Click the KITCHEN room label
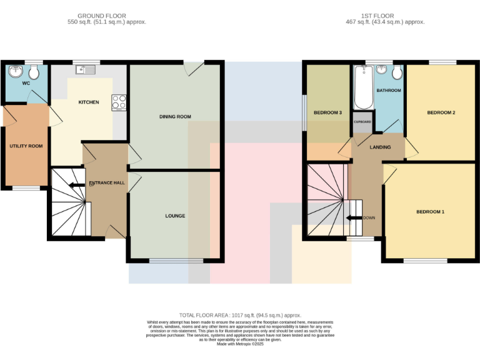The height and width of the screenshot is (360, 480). [x=88, y=102]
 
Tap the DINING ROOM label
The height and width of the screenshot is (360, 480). [x=175, y=117]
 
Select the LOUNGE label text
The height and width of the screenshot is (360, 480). [x=175, y=216]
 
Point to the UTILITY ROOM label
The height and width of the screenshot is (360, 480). [x=26, y=146]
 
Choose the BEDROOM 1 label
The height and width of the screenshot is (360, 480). [x=430, y=212]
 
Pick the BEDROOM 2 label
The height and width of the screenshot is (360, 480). [x=441, y=113]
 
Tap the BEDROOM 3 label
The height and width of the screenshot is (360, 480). [x=327, y=113]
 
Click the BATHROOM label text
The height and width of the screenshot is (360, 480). [x=389, y=91]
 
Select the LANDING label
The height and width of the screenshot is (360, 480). [x=380, y=147]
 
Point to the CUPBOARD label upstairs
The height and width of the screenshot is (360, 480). [x=362, y=122]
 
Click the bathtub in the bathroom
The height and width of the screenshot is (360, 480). [x=363, y=87]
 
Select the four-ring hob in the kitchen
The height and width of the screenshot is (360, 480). [x=119, y=102]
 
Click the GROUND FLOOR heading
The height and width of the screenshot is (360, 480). [x=102, y=16]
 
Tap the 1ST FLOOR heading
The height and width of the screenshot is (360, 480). [x=386, y=16]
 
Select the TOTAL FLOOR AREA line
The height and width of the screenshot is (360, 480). [x=241, y=316]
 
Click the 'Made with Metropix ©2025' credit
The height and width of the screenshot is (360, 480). [x=240, y=344]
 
